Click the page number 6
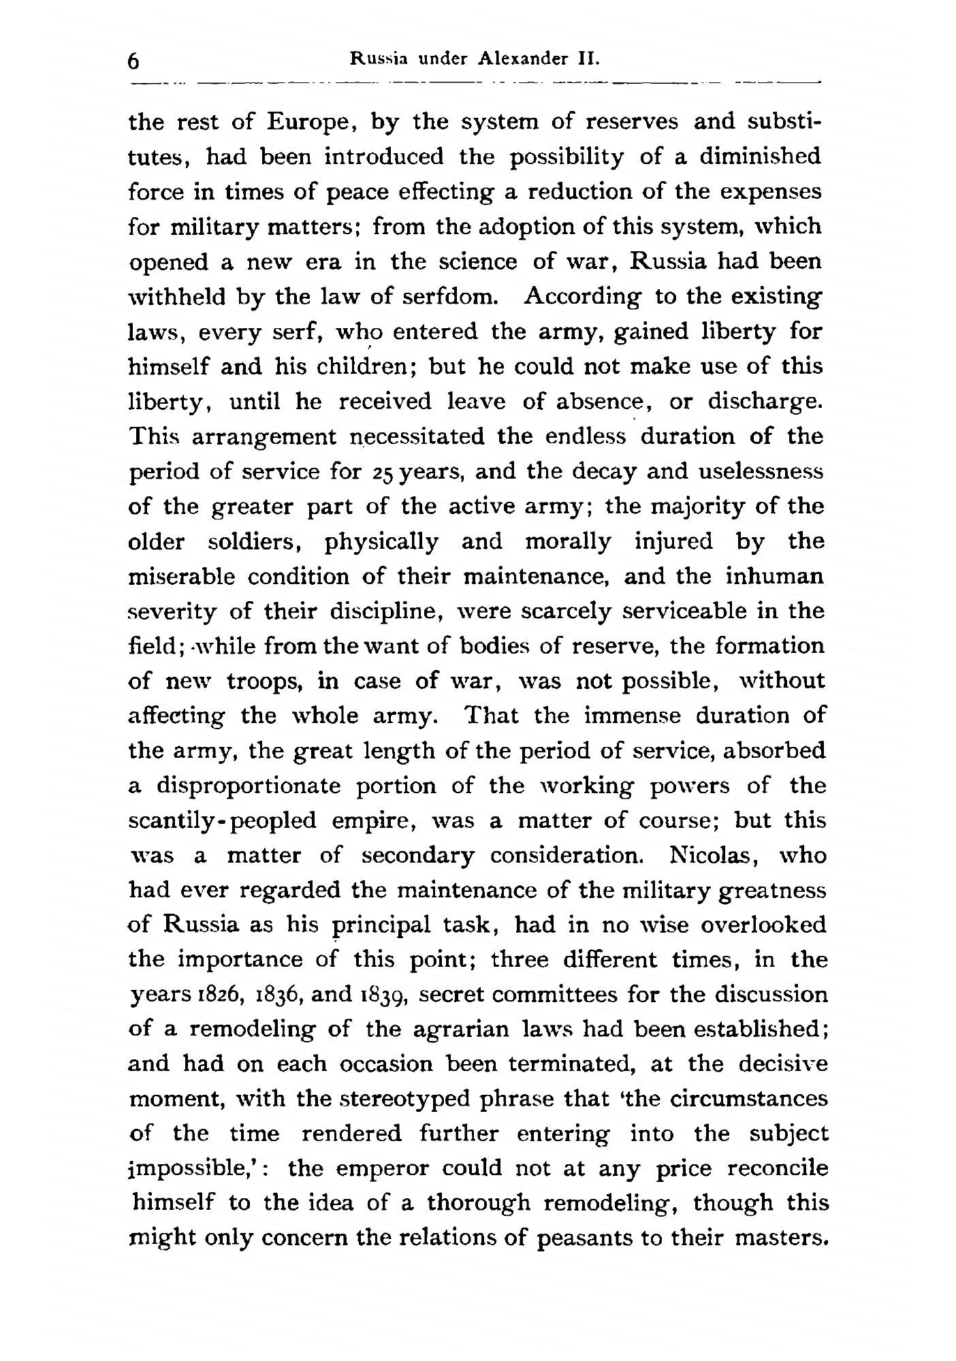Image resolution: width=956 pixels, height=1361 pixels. coord(133,61)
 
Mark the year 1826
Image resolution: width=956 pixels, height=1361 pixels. coord(236,995)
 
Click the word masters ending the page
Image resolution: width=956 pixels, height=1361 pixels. coord(781,1237)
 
